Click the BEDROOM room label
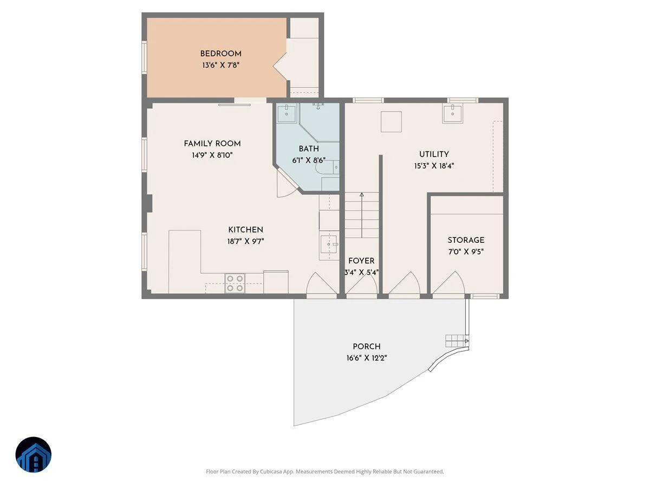point(220,54)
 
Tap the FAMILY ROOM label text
point(212,144)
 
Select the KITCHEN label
point(245,230)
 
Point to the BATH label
point(309,149)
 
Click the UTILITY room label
point(434,154)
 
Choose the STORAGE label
point(466,240)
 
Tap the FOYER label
point(361,261)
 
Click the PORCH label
point(367,346)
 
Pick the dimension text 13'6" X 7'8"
point(220,65)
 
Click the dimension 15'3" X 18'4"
point(434,165)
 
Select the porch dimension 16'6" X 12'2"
point(367,358)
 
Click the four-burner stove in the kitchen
point(235,283)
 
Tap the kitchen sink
point(329,244)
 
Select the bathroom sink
point(287,113)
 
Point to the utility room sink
point(452,113)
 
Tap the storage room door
point(448,283)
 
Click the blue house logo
point(34,454)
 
